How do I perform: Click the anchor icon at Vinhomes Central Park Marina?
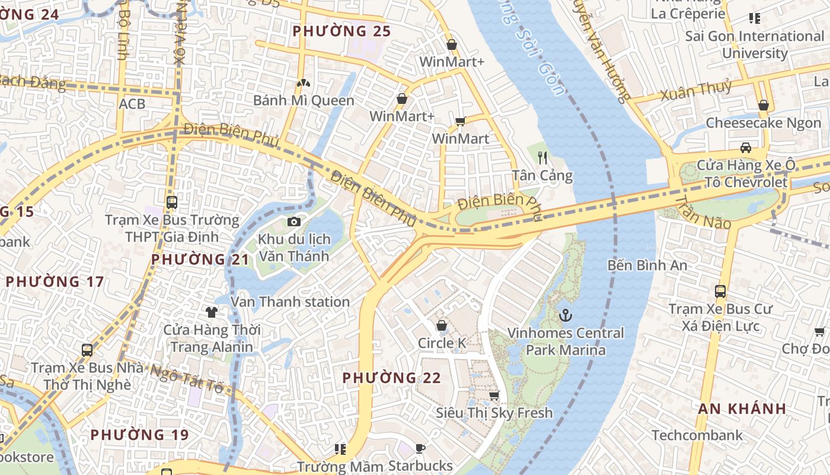click(566, 315)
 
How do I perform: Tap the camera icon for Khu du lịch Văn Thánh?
click(293, 222)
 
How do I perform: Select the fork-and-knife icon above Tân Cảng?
click(542, 157)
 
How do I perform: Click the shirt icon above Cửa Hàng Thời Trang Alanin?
click(211, 312)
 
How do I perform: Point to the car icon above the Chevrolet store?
click(745, 147)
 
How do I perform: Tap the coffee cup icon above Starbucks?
click(420, 448)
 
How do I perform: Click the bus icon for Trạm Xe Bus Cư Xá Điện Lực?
click(720, 292)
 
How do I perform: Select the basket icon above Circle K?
click(442, 325)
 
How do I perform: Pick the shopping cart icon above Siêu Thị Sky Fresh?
click(494, 395)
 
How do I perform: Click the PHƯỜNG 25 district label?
click(342, 31)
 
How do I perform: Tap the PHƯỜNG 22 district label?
click(392, 378)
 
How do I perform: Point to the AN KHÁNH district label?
click(742, 408)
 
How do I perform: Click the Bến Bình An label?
click(647, 265)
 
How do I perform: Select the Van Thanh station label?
click(290, 302)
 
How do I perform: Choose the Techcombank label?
click(697, 435)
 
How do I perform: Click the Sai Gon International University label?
click(755, 45)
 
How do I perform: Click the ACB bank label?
click(132, 104)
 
